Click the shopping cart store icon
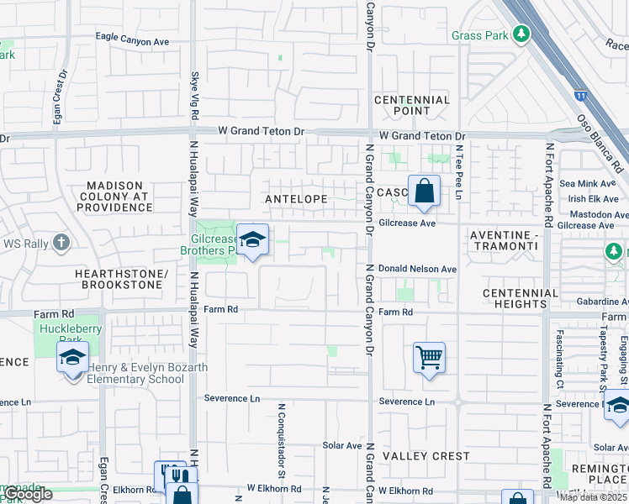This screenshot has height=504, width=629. click(429, 359)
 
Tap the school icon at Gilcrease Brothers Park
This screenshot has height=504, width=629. click(251, 241)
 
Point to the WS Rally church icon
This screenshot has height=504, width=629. click(61, 244)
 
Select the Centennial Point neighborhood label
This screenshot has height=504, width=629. click(412, 105)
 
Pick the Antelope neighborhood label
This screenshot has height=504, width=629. click(295, 199)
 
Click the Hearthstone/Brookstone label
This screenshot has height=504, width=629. click(119, 280)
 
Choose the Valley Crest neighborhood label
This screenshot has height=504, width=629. click(426, 456)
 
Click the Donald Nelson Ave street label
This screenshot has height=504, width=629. click(417, 269)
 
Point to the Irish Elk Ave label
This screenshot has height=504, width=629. click(593, 199)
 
